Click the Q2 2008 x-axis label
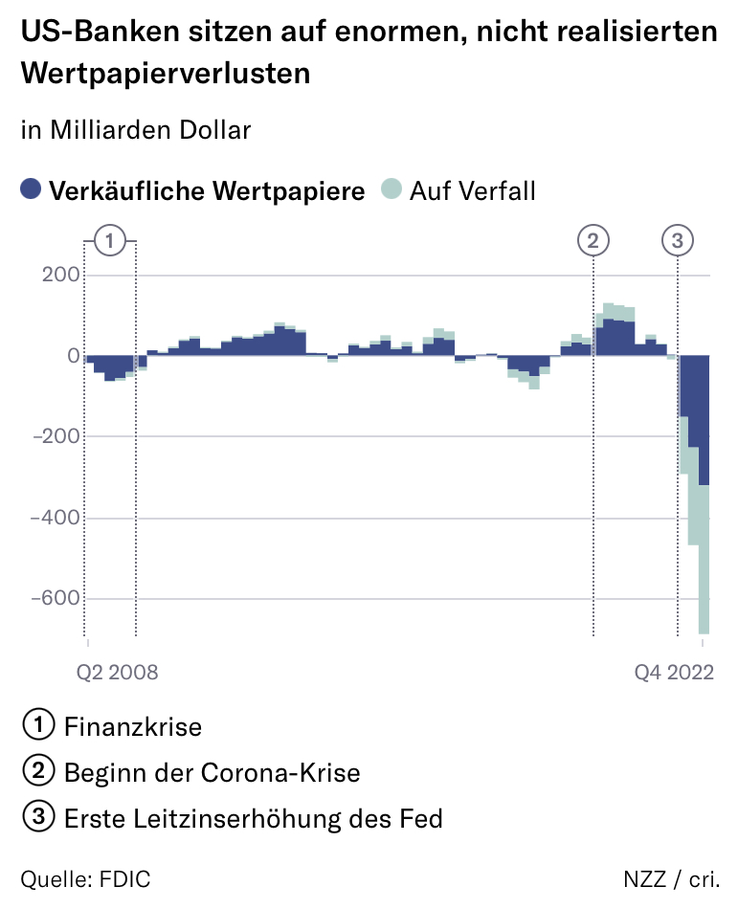click(x=117, y=672)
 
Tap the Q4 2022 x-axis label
click(x=675, y=672)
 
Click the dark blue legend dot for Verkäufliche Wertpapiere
click(x=32, y=190)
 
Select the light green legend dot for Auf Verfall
click(x=391, y=190)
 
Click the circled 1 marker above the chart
click(x=110, y=241)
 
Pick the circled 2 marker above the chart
click(x=593, y=241)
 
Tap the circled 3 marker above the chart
click(x=678, y=241)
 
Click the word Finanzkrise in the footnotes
click(x=133, y=727)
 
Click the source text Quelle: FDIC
click(x=85, y=879)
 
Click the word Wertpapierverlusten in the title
click(x=166, y=73)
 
